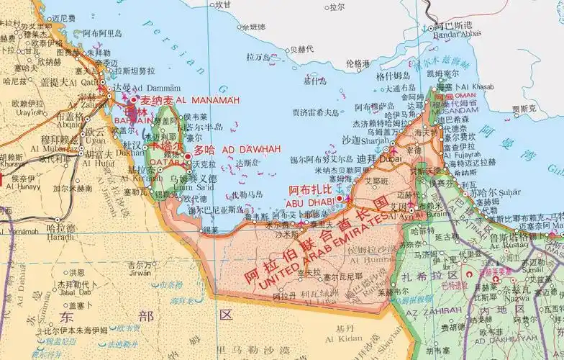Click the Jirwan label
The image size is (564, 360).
tap(140, 274)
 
